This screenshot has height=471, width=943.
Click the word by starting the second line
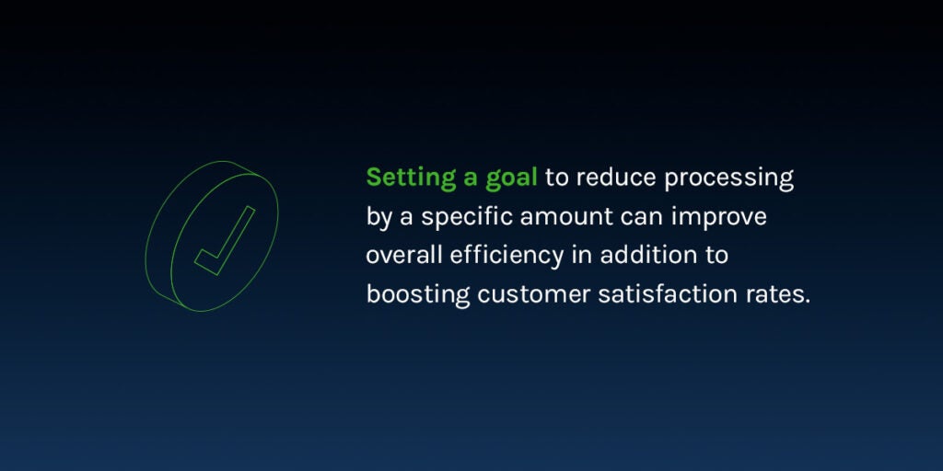click(x=378, y=217)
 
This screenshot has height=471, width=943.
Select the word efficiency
click(x=507, y=257)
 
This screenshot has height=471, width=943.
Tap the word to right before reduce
click(x=557, y=178)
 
